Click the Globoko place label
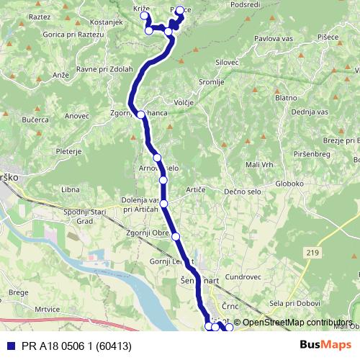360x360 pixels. (289, 183)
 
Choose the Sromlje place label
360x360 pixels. (211, 82)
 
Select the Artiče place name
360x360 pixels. (196, 189)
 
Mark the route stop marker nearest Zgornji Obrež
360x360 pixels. (175, 236)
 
